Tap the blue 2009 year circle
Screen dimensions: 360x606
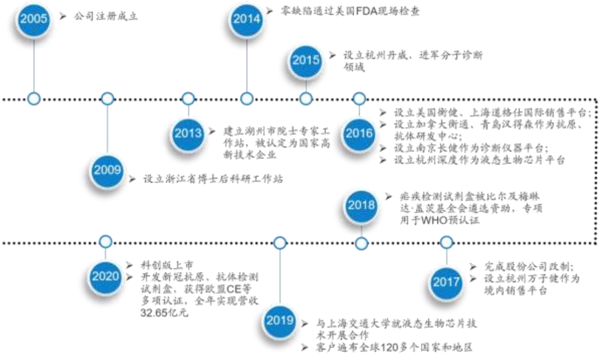click(107, 169)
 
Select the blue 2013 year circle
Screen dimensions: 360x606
click(188, 133)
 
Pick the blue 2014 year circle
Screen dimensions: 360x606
click(247, 19)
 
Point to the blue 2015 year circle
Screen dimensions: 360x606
click(306, 59)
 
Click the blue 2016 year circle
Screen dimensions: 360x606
click(359, 133)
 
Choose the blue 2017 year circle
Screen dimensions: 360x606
click(446, 281)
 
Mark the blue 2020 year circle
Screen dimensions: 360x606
click(105, 276)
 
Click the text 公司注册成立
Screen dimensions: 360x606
click(106, 17)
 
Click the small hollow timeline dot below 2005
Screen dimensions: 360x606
click(34, 99)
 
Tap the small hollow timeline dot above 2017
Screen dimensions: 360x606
click(446, 242)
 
